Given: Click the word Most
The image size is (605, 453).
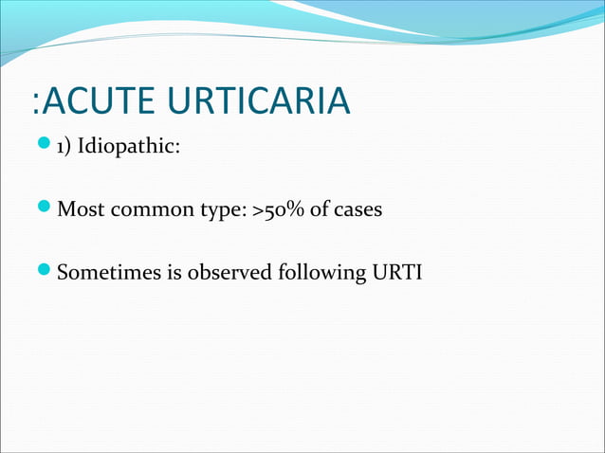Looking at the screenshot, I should [80, 209].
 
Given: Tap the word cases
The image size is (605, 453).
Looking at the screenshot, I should [360, 209].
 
